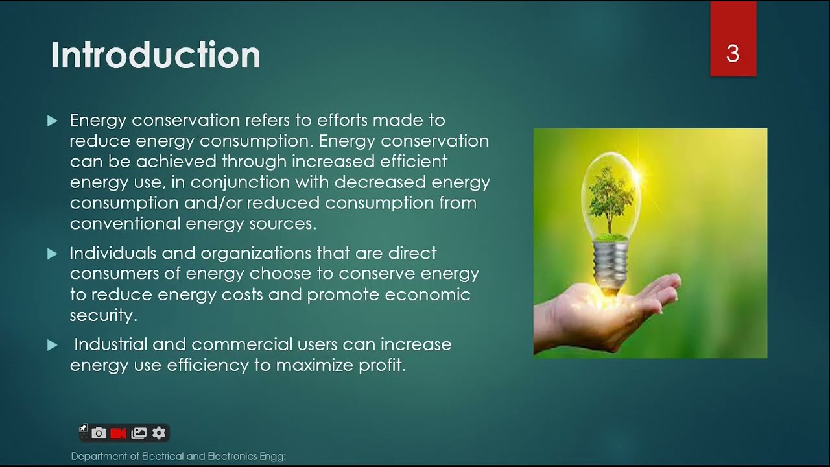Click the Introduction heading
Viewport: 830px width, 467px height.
coord(156,56)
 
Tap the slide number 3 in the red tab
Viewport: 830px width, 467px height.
coord(733,54)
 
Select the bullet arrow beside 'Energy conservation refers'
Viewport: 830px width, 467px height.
coord(53,121)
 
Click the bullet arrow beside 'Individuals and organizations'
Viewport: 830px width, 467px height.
coord(53,254)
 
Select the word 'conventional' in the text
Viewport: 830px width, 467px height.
coord(125,224)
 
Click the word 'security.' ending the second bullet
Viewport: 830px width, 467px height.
coord(103,315)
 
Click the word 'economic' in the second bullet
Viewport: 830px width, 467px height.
coord(427,294)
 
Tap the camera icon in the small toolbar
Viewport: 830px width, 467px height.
coord(99,433)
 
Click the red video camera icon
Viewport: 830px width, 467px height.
coord(118,433)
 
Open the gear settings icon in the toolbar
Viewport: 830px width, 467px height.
coord(159,433)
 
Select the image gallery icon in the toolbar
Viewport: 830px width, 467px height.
coord(139,433)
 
